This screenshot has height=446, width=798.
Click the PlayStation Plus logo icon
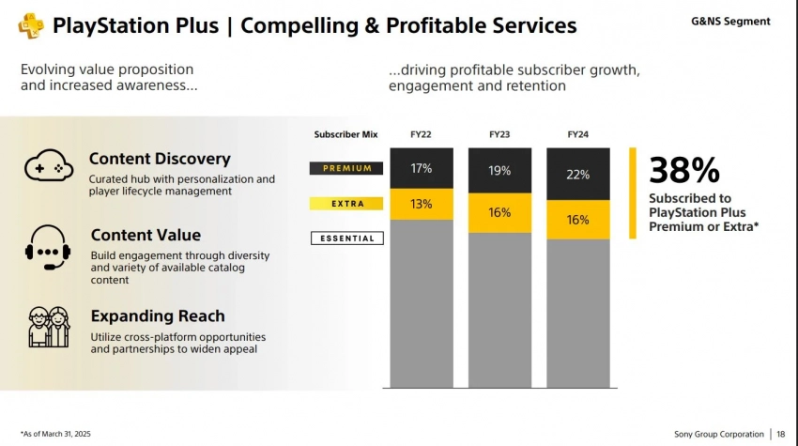pos(31,24)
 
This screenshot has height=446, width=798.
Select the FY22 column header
pos(421,135)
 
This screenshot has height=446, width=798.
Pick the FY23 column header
pos(499,135)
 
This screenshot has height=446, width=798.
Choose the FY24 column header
pos(578,135)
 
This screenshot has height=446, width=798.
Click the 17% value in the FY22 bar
pos(421,169)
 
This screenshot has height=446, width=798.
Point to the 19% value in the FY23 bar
pos(499,171)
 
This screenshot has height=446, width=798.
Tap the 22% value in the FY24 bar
pos(578,175)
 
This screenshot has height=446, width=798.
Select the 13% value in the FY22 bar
pos(421,205)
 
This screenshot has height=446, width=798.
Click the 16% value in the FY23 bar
pos(499,213)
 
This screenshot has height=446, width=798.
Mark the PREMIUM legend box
pos(346,169)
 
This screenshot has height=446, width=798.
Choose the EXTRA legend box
pos(346,203)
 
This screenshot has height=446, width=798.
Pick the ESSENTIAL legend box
pos(346,238)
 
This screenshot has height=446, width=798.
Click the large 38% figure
pos(684,170)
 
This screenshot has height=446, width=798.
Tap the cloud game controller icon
pos(50,165)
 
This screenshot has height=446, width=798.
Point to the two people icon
pos(48,326)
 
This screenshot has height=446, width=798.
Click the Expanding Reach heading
pos(157,316)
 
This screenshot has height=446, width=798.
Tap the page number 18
pos(781,434)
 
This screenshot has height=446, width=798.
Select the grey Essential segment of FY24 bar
pos(578,314)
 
